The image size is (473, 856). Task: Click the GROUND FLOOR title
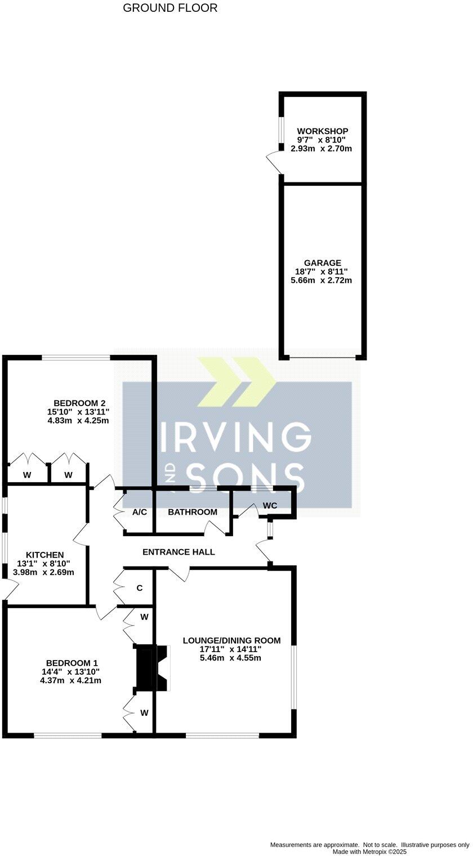pos(170,8)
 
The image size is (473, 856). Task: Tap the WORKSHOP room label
pos(323,131)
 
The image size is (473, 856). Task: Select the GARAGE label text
pos(323,263)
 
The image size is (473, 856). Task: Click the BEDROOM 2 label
pos(79,403)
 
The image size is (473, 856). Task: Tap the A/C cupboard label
pos(140,512)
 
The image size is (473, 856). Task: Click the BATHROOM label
pos(193,512)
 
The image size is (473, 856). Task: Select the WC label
pos(270,506)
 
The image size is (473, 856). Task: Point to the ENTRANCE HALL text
pos(179,552)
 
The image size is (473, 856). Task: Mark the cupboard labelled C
pos(140,588)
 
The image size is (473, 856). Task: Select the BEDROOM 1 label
pos(72,663)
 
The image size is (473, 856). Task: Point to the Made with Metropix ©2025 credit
pos(369,851)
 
